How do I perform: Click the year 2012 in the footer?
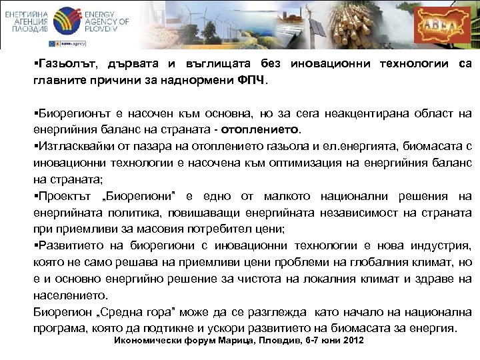tap(351, 340)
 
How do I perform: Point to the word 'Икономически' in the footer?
tap(145, 340)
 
